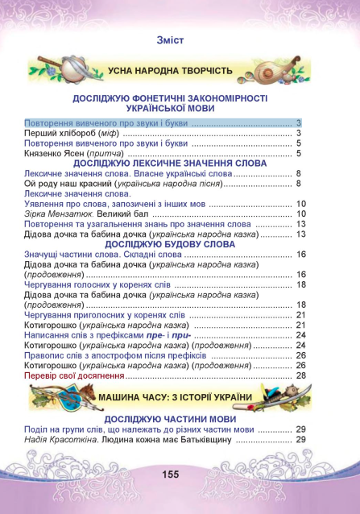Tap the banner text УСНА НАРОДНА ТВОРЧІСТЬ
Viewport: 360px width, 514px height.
point(171,71)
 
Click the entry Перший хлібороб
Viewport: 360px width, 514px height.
point(61,133)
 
